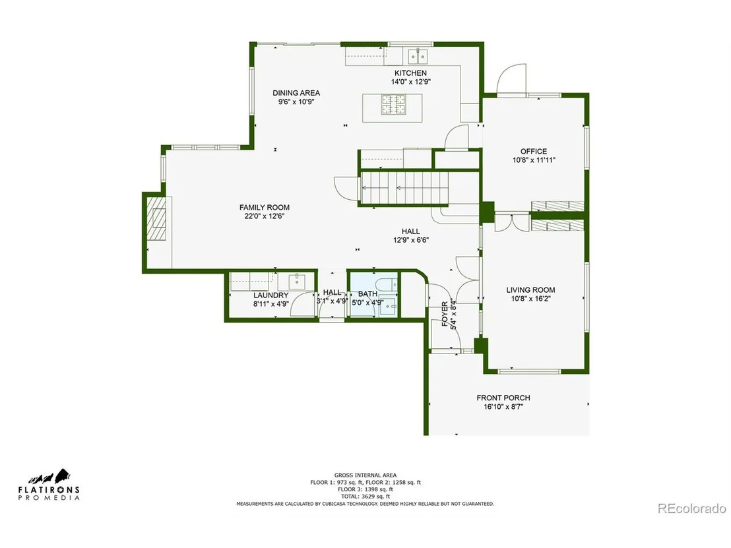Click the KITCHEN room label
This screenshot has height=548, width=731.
[x=410, y=73]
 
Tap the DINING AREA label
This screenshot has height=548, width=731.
[x=296, y=93]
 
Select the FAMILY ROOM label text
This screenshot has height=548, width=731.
[x=265, y=207]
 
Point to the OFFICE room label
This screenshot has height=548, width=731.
[x=534, y=152]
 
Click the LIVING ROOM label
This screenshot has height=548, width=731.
[x=530, y=290]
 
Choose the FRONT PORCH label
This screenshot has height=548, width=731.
[x=503, y=398]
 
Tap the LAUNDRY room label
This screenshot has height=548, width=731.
[x=271, y=295]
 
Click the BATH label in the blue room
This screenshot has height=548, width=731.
[x=368, y=294]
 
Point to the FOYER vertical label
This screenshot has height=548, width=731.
[x=445, y=314]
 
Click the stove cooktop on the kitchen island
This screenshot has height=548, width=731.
[x=393, y=104]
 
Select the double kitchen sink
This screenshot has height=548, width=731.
[x=418, y=57]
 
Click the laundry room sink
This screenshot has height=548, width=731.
[x=296, y=282]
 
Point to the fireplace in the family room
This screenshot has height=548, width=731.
[x=156, y=218]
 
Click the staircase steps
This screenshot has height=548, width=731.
[x=404, y=188]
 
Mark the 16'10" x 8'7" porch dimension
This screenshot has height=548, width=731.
[x=503, y=407]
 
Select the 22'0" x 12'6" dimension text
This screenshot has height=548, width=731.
[x=265, y=216]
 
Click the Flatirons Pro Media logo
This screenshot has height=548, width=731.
[x=49, y=485]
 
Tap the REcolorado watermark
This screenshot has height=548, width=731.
[x=692, y=508]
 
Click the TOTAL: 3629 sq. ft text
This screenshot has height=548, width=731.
[x=365, y=497]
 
